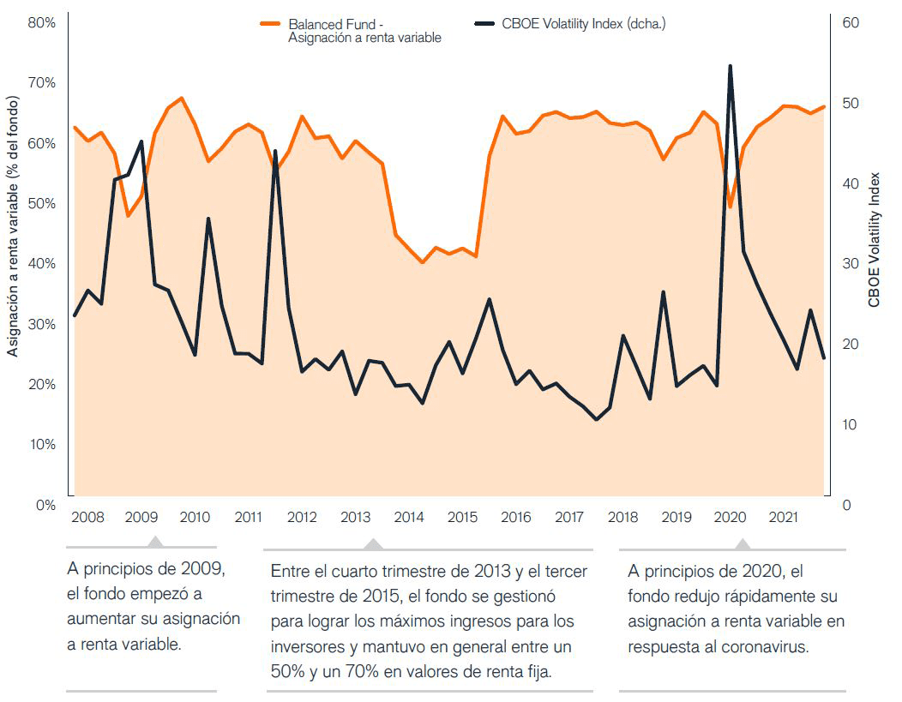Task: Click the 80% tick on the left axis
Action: [x=42, y=23]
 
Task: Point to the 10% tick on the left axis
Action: [x=42, y=445]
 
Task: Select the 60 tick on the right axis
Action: [x=851, y=23]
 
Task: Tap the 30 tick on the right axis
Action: [x=851, y=264]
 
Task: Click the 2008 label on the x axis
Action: [x=88, y=518]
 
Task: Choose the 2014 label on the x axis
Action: [x=409, y=518]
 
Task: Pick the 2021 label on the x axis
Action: [x=782, y=518]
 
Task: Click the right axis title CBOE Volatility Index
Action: [x=874, y=239]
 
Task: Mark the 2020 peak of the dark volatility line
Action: [x=730, y=66]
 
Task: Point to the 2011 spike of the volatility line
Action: [x=275, y=152]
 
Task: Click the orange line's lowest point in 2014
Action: [x=422, y=262]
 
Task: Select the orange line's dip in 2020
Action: [x=730, y=207]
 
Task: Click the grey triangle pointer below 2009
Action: [x=154, y=542]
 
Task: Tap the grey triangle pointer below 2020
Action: [x=743, y=543]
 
